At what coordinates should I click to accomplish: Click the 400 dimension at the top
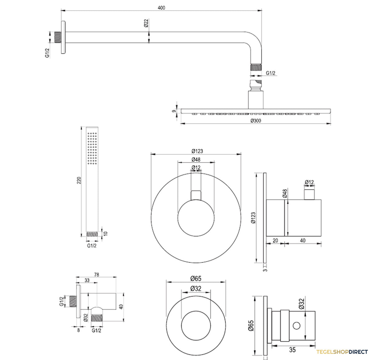pyautogui.click(x=161, y=8)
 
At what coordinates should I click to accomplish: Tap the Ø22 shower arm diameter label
pyautogui.click(x=146, y=23)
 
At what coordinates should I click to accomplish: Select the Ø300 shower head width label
pyautogui.click(x=256, y=121)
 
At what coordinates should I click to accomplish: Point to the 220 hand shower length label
pyautogui.click(x=79, y=180)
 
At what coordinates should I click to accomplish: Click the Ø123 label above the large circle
pyautogui.click(x=197, y=151)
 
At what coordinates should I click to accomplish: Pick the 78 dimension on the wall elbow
pyautogui.click(x=97, y=275)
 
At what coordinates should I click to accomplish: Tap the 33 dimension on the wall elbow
pyautogui.click(x=87, y=280)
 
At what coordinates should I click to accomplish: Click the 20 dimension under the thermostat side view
pyautogui.click(x=275, y=240)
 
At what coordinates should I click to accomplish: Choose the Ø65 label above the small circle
pyautogui.click(x=196, y=279)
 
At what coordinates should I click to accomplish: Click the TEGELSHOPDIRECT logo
pyautogui.click(x=342, y=352)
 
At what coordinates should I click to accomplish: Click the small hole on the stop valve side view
pyautogui.click(x=297, y=325)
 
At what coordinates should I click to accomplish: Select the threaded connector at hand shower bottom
pyautogui.click(x=92, y=234)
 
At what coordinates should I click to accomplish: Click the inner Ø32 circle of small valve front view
pyautogui.click(x=196, y=326)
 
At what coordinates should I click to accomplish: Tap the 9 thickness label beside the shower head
pyautogui.click(x=174, y=111)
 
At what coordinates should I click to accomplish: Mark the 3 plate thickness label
pyautogui.click(x=265, y=270)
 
